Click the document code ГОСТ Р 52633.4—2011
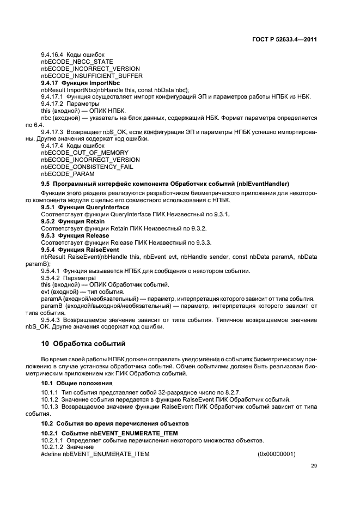point(285,39)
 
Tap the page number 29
point(314,465)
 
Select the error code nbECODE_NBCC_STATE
point(73,62)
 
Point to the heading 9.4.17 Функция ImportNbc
point(81,83)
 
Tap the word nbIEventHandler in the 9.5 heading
point(267,184)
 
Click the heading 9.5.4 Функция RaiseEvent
point(73,250)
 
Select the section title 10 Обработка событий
point(83,344)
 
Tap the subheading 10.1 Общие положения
point(74,384)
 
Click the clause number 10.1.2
point(50,399)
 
